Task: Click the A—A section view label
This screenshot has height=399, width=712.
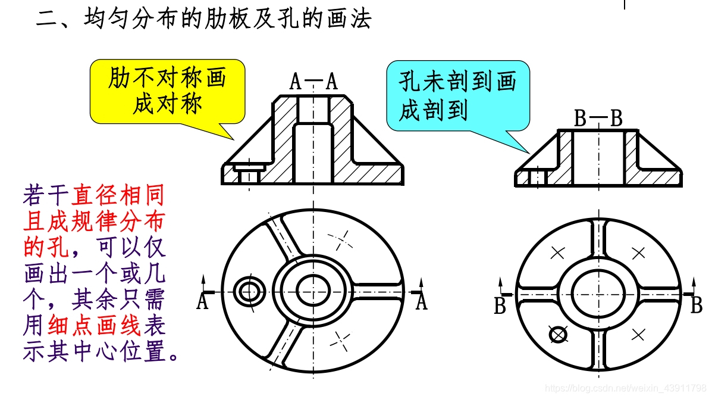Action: (x=313, y=82)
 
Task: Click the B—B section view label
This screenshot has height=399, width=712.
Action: (x=598, y=119)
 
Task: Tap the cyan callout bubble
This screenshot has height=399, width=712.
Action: (x=457, y=96)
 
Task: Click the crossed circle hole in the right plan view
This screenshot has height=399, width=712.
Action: (x=558, y=335)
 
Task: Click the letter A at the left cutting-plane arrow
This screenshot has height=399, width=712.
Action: (x=202, y=303)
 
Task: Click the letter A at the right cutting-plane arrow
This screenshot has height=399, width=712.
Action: (x=421, y=303)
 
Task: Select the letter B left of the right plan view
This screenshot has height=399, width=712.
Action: (x=500, y=306)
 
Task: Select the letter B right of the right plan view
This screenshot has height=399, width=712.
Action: (x=696, y=306)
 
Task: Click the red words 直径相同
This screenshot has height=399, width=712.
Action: (x=118, y=195)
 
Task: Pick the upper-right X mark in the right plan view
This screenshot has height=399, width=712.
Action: (x=638, y=253)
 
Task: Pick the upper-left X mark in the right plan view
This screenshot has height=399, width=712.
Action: (x=557, y=253)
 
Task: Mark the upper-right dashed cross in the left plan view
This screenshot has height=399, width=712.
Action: (x=340, y=240)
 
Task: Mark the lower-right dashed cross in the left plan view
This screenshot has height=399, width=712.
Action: (x=340, y=340)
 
